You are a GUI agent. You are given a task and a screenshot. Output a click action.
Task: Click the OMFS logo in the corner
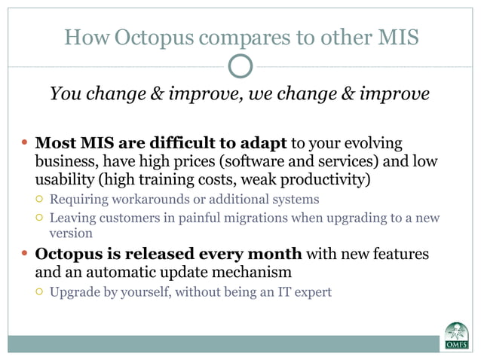click(455, 336)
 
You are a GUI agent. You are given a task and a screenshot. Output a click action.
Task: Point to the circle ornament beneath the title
click(240, 66)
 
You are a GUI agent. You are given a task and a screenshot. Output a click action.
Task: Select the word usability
click(67, 180)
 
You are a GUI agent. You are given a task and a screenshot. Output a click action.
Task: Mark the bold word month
click(270, 254)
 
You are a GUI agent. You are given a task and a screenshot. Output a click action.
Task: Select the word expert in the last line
click(311, 291)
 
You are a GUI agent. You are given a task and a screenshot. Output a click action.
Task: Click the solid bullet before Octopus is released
click(24, 254)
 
